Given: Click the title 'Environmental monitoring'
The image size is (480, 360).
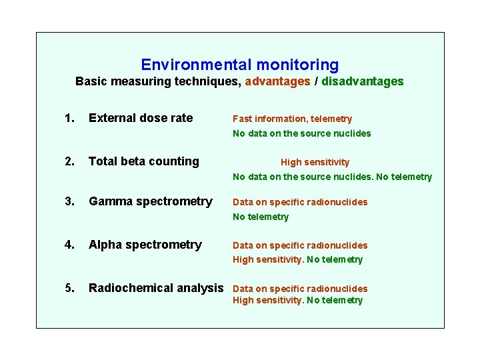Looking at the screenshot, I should (239, 65).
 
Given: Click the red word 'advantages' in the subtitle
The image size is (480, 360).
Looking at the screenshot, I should (277, 81).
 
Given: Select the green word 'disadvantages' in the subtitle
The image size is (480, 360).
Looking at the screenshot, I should (363, 81).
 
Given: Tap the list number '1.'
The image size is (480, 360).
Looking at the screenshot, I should (69, 118).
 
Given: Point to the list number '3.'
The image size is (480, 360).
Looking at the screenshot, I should (69, 201).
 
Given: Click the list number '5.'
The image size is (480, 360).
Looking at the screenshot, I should (69, 288).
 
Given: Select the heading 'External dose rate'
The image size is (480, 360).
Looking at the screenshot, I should (141, 118).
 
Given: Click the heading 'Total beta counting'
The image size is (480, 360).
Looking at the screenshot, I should (144, 161).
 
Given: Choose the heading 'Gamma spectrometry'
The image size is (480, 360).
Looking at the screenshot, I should (151, 201).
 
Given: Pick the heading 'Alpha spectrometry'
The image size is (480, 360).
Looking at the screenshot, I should (145, 245).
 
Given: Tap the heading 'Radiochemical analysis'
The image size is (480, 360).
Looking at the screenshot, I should (156, 288).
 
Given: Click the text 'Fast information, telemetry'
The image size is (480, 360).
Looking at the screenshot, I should (292, 119).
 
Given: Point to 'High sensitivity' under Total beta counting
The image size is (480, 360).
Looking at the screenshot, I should (315, 162).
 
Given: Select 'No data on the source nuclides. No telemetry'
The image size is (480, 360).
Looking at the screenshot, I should (332, 177).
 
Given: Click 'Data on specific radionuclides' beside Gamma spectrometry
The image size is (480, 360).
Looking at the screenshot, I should (300, 202).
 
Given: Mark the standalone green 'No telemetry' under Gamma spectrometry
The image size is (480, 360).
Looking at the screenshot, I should (261, 217).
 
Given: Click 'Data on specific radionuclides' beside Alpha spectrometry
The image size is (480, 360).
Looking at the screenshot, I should (300, 245).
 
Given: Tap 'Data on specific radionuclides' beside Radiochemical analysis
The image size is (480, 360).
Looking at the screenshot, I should (300, 289).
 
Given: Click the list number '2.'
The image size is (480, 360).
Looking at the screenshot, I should (69, 161).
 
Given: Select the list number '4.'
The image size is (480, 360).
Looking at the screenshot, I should (69, 245).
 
